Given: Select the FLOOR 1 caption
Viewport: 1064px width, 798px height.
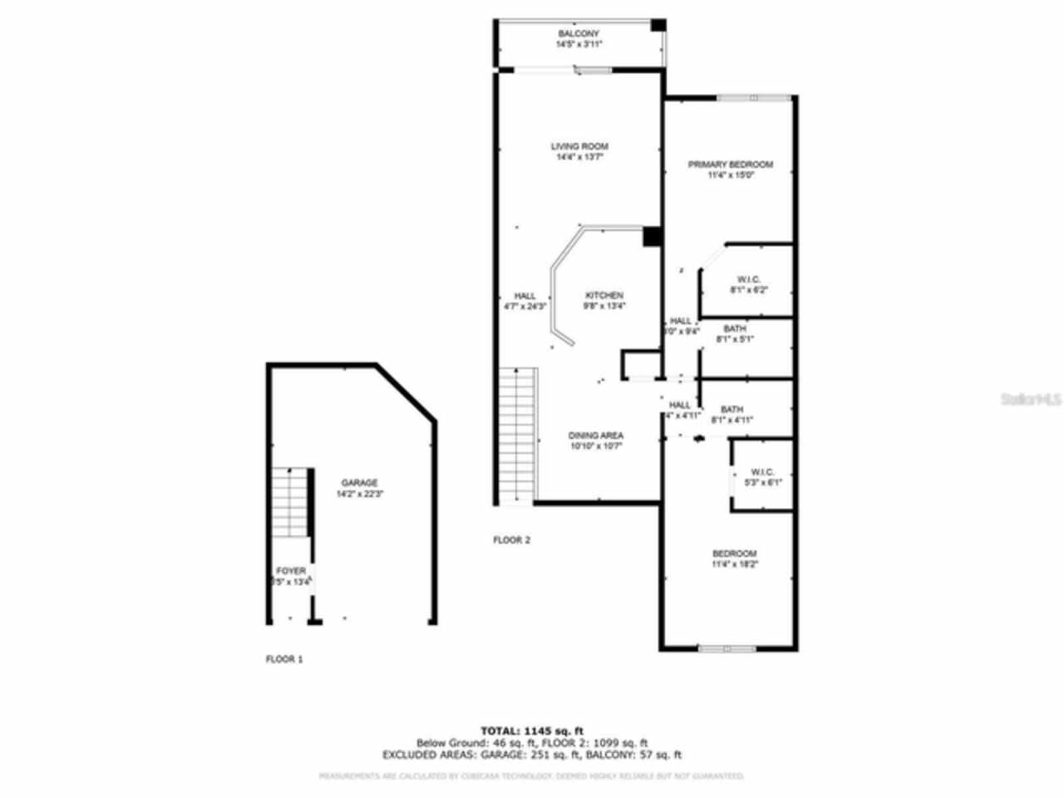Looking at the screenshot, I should point(284,659).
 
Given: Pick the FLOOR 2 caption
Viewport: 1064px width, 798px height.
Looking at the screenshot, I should point(512,539).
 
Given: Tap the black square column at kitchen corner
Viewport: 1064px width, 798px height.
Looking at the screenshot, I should point(652,237).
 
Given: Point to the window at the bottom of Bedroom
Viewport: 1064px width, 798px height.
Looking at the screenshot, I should point(727,648).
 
